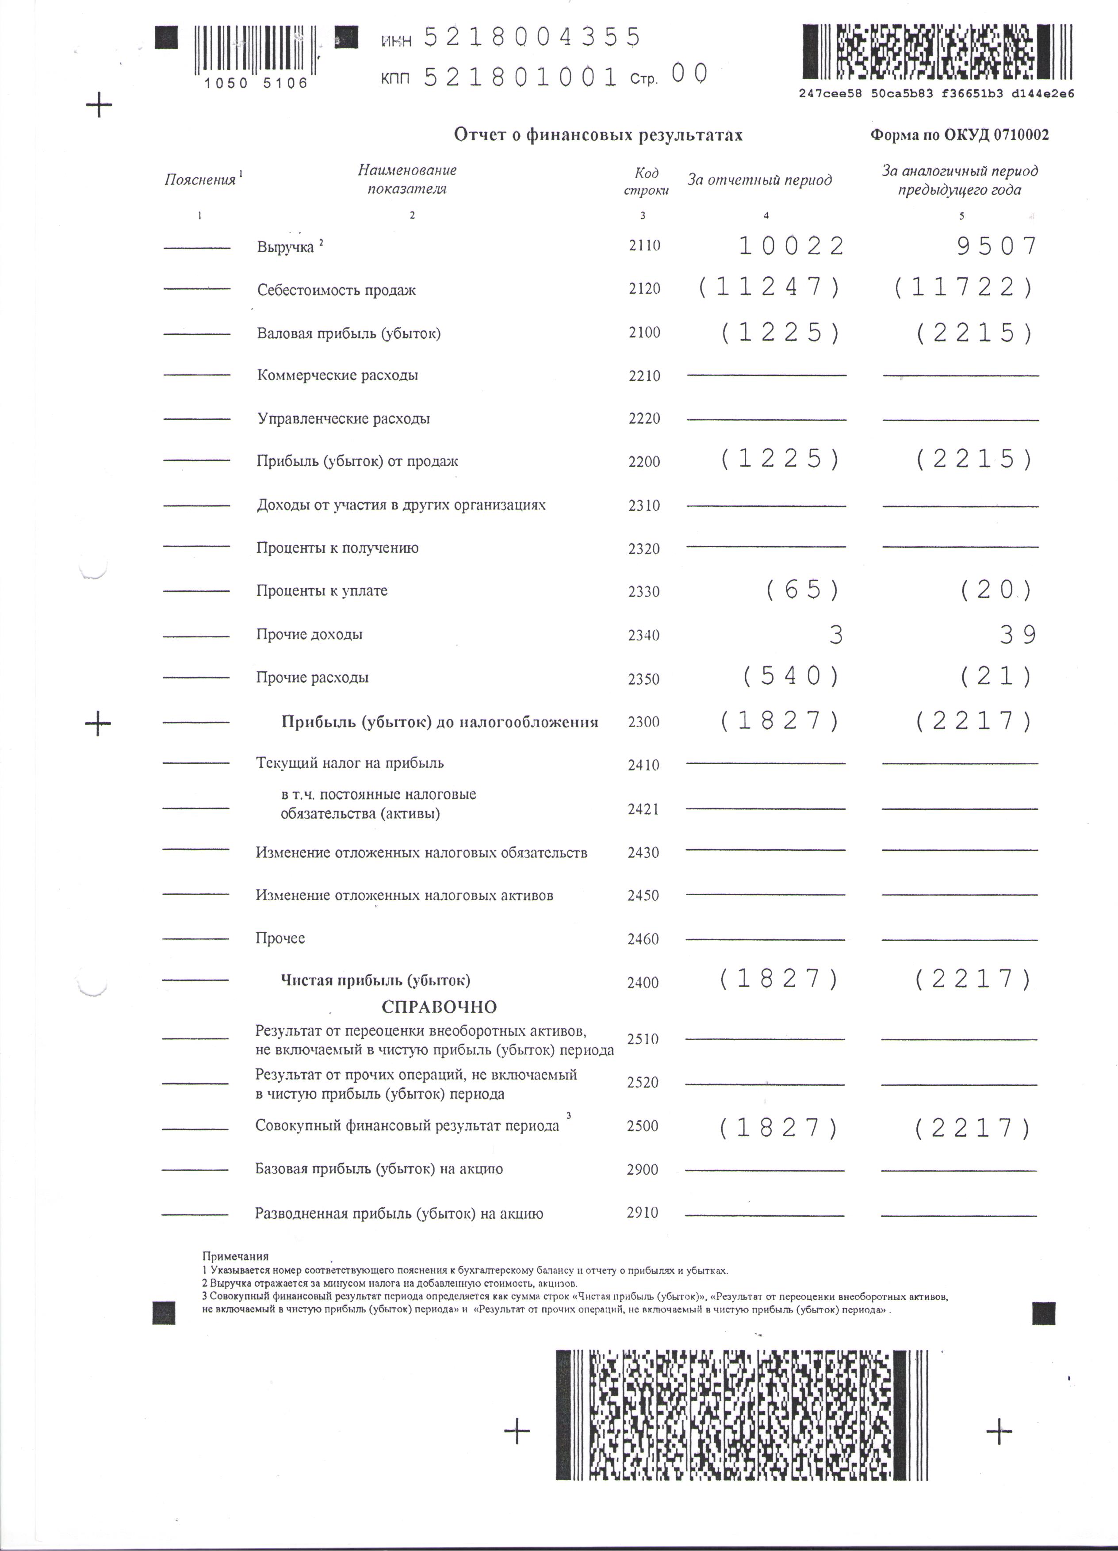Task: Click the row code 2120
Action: coord(644,289)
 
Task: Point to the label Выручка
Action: coord(285,247)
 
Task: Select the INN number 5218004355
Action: coord(532,37)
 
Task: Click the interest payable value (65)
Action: coord(803,590)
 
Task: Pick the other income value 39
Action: coord(1018,635)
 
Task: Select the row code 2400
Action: coord(643,983)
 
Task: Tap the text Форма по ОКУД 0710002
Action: coord(959,135)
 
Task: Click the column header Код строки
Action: coord(646,182)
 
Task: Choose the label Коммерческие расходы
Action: coord(337,375)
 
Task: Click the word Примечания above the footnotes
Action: coord(235,1256)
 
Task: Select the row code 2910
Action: coord(642,1213)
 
